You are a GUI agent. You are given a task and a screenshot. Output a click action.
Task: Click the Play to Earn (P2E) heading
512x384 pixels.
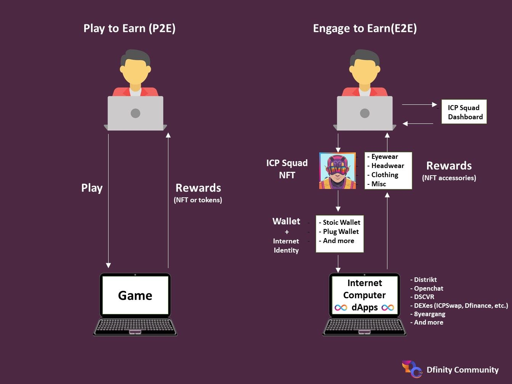[x=130, y=29]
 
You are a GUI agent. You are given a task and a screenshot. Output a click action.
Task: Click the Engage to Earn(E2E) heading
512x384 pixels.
[x=365, y=29]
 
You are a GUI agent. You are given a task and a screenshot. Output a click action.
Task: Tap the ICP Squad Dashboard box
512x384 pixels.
[x=464, y=112]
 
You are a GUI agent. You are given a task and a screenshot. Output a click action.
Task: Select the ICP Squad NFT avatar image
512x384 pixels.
[x=338, y=171]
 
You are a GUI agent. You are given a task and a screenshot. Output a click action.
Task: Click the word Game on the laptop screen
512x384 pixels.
[x=135, y=295]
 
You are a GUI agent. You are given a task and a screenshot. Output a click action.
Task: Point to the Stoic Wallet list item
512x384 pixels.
[x=339, y=222]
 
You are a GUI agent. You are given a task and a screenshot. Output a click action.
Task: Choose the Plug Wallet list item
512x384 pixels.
[x=339, y=232]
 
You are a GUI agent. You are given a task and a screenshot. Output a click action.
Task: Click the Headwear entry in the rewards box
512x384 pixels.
[x=386, y=166]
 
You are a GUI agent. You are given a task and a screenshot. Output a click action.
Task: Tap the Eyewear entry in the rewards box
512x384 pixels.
[x=382, y=157]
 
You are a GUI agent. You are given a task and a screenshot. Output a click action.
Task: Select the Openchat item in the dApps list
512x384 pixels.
[x=427, y=288]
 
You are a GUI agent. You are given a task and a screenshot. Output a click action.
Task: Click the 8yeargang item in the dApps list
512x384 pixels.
[x=427, y=314]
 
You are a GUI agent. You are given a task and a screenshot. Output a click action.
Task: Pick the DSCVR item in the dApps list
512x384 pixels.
[x=422, y=297]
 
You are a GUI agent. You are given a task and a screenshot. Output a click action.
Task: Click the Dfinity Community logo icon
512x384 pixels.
[x=412, y=369]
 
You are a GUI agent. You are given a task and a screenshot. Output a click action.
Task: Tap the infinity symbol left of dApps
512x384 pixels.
[x=341, y=308]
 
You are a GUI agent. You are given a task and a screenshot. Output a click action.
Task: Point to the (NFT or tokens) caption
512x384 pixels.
[x=198, y=200]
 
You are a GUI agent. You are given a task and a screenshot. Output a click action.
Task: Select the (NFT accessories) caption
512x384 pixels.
[x=449, y=178]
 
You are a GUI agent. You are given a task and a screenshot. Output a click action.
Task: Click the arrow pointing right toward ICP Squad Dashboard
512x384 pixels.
[x=419, y=104]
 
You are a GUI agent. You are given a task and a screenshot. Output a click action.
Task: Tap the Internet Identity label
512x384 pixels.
[x=286, y=245]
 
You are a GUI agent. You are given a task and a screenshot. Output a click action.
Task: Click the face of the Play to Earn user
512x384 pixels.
[x=135, y=71]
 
